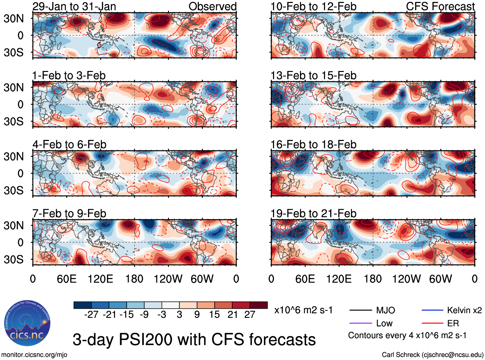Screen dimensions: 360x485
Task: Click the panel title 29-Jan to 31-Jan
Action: (x=74, y=6)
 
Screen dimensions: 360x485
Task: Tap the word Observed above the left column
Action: (x=212, y=6)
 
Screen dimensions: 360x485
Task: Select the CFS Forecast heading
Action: (x=440, y=6)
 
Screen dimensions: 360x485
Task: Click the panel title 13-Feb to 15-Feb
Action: (x=313, y=75)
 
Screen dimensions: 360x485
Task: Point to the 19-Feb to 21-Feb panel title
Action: (x=313, y=214)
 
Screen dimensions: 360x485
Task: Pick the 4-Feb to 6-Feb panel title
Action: (x=69, y=145)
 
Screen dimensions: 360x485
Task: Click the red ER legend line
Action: (x=432, y=323)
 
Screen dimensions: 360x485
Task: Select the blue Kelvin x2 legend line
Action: (x=432, y=310)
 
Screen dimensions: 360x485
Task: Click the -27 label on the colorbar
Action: (x=91, y=315)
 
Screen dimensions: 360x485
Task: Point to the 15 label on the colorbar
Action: (x=215, y=315)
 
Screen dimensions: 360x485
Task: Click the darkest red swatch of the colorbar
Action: (x=259, y=305)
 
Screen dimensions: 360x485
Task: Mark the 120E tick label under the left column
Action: (x=100, y=279)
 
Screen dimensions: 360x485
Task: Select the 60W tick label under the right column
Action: (x=440, y=279)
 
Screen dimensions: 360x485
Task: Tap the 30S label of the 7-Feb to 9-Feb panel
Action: (x=13, y=259)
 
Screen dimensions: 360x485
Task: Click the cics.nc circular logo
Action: (x=27, y=323)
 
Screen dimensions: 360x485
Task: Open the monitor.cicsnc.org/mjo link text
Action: (x=34, y=355)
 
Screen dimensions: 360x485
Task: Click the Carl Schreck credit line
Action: (x=432, y=355)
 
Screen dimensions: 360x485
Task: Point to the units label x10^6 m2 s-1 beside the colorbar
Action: (x=303, y=310)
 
